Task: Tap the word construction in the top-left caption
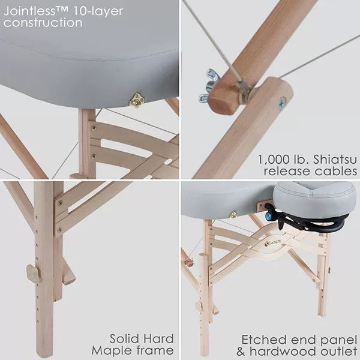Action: pos(43,23)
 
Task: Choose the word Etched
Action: pos(263,340)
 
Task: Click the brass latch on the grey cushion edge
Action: pos(137,100)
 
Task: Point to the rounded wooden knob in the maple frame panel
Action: pos(34,273)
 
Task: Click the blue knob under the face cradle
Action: pos(268,215)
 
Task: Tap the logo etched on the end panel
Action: pos(275,243)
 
